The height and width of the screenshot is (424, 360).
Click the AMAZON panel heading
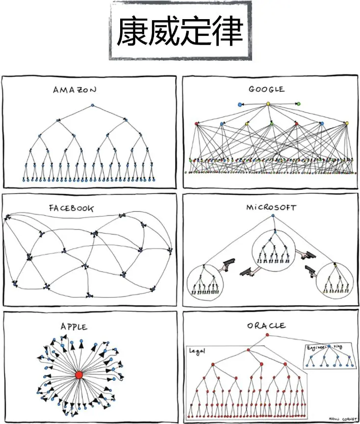tap(75, 90)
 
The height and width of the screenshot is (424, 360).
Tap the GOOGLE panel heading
tap(266, 89)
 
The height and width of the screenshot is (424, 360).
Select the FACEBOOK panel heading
tap(71, 208)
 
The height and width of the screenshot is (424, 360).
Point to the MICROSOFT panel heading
tap(271, 207)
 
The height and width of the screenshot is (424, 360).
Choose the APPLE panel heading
tap(74, 326)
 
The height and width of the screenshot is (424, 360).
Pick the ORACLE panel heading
tap(266, 325)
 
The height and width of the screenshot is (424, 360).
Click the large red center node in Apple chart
tap(78, 375)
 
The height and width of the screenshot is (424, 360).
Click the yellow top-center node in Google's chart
tap(268, 104)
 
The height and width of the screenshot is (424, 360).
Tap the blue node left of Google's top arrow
tap(239, 104)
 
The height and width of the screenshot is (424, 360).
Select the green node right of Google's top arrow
tap(298, 103)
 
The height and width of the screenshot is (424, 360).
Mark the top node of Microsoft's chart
tap(273, 215)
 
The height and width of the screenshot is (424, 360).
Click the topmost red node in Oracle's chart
tap(267, 335)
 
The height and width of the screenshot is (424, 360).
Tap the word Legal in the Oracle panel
tap(197, 351)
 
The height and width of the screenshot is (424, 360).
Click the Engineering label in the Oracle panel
tap(325, 347)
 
